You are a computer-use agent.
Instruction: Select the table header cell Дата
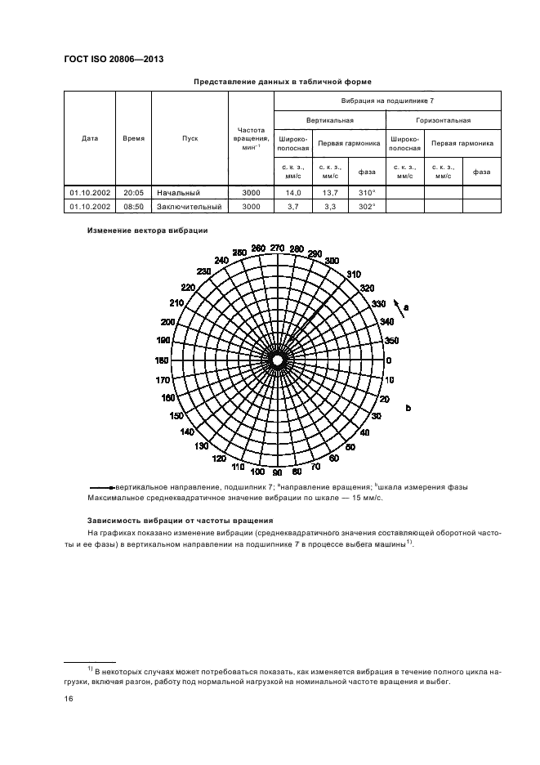90,138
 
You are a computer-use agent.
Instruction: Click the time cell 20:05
133,193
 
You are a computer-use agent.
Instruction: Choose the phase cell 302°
367,207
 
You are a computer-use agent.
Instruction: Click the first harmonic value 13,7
330,193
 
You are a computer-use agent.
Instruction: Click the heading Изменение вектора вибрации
148,230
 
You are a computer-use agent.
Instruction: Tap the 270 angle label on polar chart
277,248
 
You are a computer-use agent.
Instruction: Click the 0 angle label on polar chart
388,360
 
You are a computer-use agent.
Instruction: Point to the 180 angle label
163,360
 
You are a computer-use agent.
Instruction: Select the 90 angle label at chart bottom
277,472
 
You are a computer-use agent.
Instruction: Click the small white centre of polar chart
278,360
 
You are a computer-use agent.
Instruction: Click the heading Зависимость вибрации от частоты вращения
180,521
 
